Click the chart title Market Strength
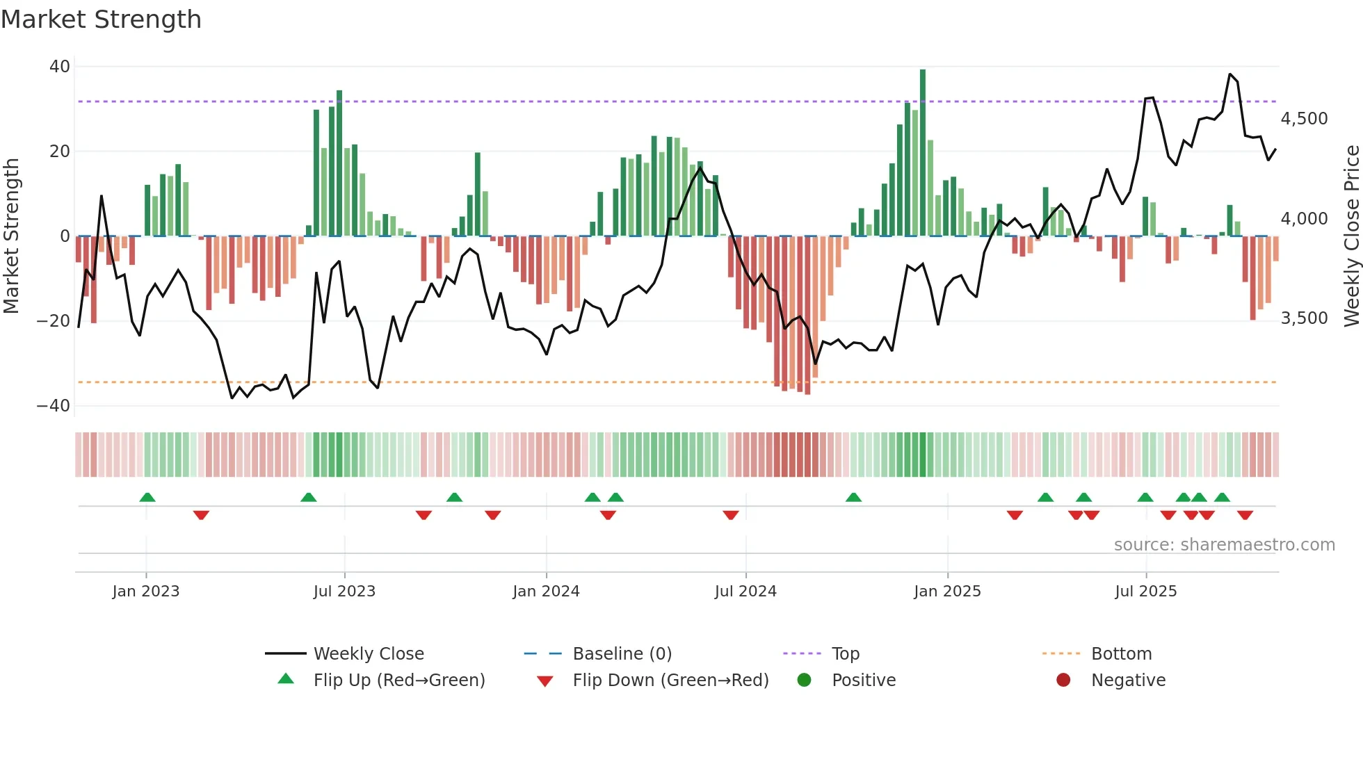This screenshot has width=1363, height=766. coord(101,19)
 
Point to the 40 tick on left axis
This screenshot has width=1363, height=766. coord(60,67)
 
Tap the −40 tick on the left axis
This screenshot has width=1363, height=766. coord(54,406)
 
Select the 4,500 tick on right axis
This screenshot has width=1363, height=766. coord(1304,119)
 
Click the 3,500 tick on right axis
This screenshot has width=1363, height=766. coord(1304,318)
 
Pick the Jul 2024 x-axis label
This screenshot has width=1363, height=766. coord(745,592)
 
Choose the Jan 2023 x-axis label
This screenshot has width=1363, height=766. coord(146,592)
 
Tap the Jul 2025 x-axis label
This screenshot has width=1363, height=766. coord(1145,592)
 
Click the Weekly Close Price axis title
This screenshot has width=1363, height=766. coord(1351,236)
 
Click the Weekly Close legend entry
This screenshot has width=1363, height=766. coord(369,654)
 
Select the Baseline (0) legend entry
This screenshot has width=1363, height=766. coord(622,654)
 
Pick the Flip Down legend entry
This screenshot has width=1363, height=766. coord(670,681)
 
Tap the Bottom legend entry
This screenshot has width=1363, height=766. coord(1121,654)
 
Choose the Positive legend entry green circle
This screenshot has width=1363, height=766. coord(804,681)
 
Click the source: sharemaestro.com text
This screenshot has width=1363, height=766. coord(1224,545)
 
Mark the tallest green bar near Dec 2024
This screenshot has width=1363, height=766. coord(923,153)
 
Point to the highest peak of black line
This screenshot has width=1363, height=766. coord(1230,74)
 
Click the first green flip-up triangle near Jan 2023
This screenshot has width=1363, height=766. coord(147,497)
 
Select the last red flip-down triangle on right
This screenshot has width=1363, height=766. coord(1245,515)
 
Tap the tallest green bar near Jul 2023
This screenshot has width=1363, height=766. coord(339,163)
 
